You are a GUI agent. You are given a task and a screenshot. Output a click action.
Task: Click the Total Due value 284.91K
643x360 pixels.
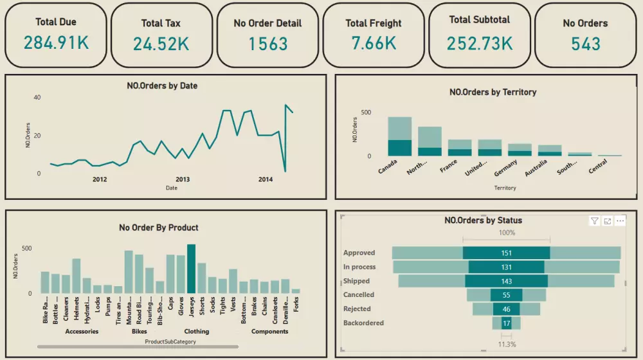tap(56, 43)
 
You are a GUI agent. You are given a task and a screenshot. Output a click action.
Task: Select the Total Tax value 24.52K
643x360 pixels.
tap(161, 44)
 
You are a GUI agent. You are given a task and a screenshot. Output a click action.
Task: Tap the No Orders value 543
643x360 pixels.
tap(585, 44)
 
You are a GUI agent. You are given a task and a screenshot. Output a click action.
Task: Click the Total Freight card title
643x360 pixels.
tap(373, 23)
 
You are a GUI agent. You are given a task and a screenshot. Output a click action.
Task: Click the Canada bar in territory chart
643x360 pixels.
tap(399, 136)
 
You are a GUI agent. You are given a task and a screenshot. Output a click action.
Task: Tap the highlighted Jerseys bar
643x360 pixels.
tap(191, 269)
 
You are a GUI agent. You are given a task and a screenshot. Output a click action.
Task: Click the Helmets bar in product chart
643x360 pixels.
tap(76, 276)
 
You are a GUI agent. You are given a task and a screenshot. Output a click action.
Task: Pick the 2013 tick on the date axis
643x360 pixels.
tap(183, 179)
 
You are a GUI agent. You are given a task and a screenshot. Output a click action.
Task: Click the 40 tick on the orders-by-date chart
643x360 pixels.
tap(37, 97)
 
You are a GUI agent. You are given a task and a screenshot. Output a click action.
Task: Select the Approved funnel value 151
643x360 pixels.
tap(506, 253)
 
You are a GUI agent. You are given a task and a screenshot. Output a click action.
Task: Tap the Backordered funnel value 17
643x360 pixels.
tap(506, 323)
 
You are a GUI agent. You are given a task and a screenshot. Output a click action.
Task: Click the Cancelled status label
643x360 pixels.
tap(359, 295)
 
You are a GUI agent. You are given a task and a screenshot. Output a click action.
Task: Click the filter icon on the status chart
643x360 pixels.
tap(595, 221)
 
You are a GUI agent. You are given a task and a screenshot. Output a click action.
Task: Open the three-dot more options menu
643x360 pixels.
tap(620, 221)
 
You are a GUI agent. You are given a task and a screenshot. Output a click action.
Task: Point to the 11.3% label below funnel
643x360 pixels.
tap(506, 344)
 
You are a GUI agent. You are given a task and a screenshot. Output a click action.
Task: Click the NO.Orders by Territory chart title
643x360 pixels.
tap(493, 92)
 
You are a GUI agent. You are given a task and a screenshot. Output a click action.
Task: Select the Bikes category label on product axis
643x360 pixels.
tap(139, 332)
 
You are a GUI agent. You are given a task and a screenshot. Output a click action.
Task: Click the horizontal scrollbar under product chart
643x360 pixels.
tap(138, 346)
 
